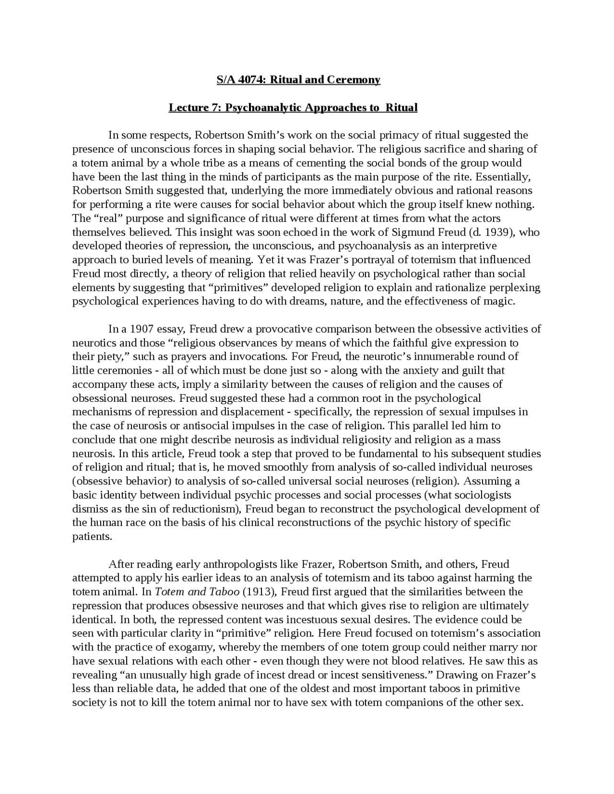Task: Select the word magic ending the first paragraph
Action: pos(499,302)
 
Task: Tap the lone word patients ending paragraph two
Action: pos(92,537)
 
